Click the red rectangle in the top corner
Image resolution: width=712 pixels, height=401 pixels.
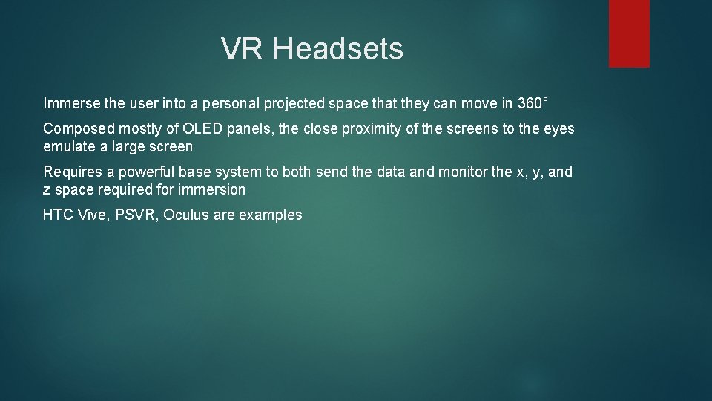(x=629, y=33)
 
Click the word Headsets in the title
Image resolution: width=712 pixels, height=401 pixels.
(x=338, y=50)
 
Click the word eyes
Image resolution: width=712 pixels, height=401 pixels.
(x=558, y=129)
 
